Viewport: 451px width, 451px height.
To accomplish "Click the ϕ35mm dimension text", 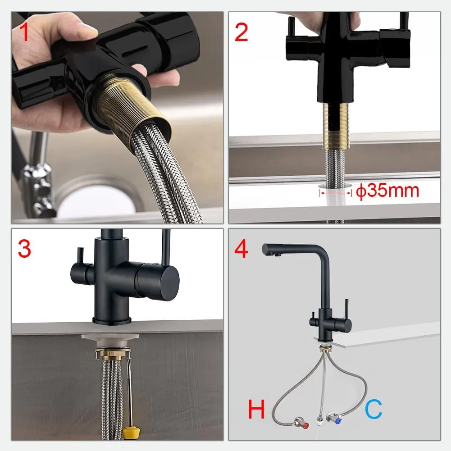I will click(387, 191).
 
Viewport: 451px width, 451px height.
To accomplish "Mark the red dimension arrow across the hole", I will click(335, 192).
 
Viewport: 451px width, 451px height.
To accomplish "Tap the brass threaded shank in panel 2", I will click(336, 126).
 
